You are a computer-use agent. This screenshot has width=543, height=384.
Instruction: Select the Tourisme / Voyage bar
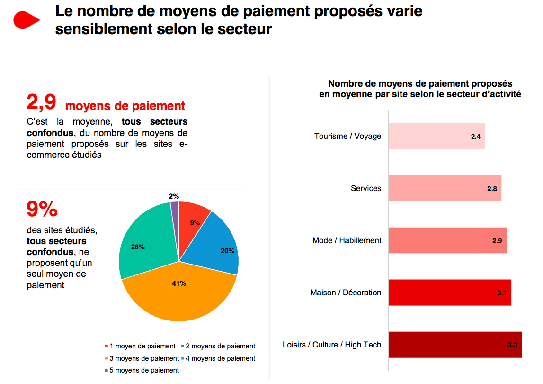click(x=436, y=136)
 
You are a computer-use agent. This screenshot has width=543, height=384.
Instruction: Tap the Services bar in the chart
click(x=445, y=188)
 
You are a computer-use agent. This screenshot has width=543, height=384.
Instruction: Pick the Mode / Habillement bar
click(x=447, y=240)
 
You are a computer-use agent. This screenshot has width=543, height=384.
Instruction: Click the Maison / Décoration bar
click(x=449, y=293)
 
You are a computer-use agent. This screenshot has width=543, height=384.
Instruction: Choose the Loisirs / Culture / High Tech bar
click(x=454, y=345)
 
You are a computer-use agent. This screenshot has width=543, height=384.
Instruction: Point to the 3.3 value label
click(x=512, y=345)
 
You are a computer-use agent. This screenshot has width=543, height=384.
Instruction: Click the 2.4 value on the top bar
click(x=475, y=137)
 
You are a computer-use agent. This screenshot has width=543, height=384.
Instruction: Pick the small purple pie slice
click(x=174, y=207)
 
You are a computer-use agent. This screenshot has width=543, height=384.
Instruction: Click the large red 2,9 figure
click(x=42, y=102)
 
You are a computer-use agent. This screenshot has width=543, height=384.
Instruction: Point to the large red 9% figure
click(x=42, y=210)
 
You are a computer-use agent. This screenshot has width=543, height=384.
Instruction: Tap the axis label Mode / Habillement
click(x=347, y=240)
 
